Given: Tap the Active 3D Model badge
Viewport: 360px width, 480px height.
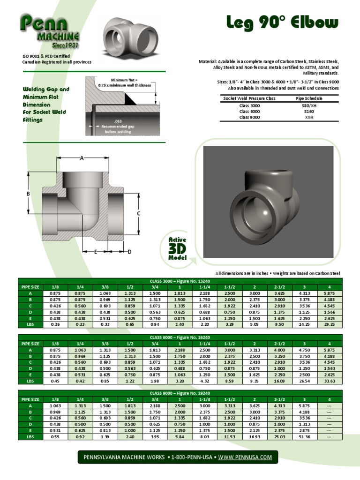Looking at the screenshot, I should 178,249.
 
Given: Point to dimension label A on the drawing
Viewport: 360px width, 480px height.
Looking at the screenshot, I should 82,158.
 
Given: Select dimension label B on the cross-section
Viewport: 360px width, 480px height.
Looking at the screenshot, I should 28,194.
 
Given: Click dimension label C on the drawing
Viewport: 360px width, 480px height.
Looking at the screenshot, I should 139,214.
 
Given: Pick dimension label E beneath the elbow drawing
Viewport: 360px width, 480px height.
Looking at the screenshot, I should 95,252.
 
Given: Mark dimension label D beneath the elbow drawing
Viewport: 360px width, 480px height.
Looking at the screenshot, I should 129,252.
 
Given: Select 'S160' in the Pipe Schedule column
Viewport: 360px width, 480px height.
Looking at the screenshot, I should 309,112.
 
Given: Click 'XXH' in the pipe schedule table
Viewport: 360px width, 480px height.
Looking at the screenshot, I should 309,117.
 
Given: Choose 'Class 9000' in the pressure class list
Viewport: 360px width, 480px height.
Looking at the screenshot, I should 249,117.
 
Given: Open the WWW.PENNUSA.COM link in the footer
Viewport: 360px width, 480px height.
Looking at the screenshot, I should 245,457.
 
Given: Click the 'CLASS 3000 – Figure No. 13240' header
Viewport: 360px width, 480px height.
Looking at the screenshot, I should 180,280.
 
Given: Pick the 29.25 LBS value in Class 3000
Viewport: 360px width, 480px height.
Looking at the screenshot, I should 330,324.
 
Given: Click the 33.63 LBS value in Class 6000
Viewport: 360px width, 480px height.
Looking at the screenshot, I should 330,380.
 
